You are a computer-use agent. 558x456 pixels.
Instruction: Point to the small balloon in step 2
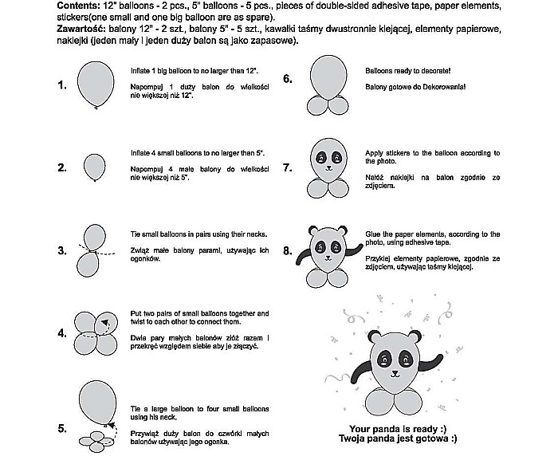95,165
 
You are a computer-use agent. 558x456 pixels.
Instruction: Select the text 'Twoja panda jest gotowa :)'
398,439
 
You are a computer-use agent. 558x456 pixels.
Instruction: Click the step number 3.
62,251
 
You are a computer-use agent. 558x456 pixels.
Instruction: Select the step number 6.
287,79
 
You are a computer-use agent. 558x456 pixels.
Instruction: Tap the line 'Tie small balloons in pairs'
198,235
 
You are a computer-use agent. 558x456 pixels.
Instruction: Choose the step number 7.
287,169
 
